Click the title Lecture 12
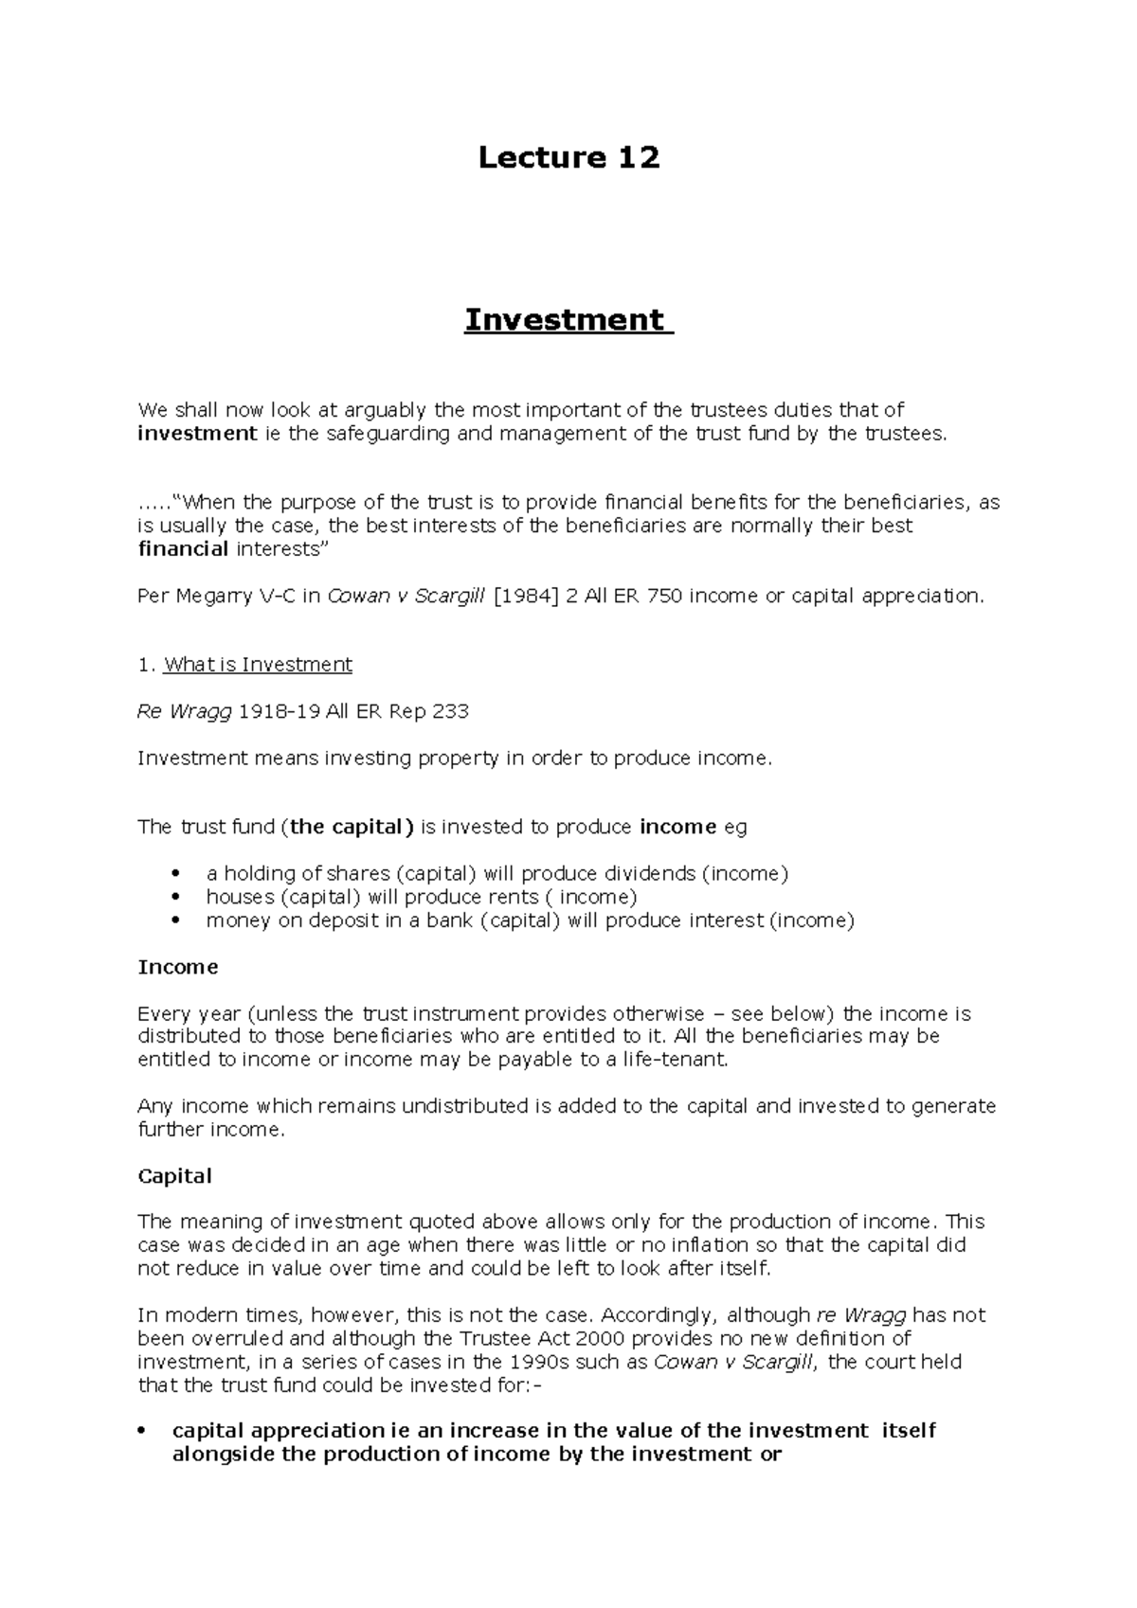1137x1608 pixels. tap(568, 157)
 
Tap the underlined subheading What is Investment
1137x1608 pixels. tap(258, 665)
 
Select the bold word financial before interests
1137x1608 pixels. tap(183, 549)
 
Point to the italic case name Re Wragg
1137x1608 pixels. tap(184, 711)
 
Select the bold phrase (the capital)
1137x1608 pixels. tap(351, 827)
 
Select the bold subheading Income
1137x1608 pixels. tap(177, 967)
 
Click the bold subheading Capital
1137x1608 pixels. tap(174, 1176)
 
